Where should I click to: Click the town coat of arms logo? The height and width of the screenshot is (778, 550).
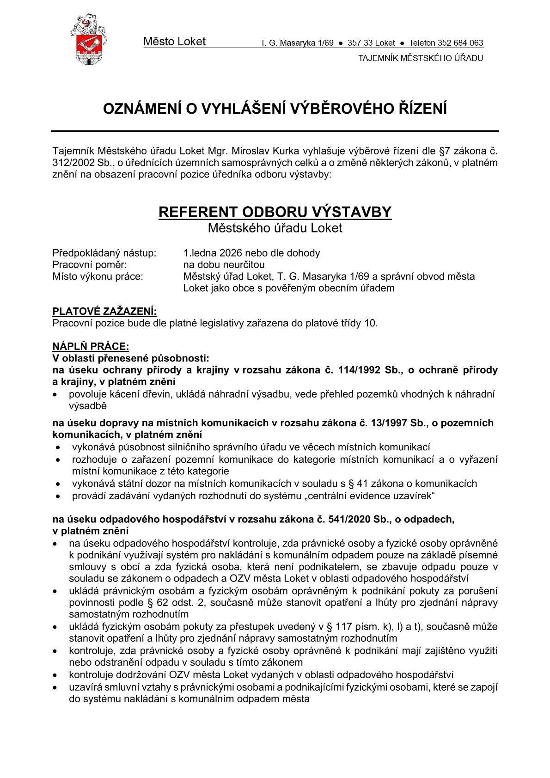(x=88, y=39)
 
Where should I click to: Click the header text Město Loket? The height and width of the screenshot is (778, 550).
(x=174, y=42)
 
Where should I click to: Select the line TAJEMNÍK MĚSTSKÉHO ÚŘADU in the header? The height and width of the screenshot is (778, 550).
(x=421, y=58)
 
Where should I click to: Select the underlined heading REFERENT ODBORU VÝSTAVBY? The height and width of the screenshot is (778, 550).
(x=275, y=212)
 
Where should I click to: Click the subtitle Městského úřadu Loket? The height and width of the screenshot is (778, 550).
(x=275, y=228)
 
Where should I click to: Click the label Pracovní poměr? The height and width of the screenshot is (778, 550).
(x=90, y=265)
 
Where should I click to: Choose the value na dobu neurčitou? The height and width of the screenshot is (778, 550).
(x=224, y=265)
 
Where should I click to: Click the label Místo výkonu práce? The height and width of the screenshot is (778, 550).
(x=98, y=276)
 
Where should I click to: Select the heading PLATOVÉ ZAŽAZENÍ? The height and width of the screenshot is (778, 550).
(x=104, y=311)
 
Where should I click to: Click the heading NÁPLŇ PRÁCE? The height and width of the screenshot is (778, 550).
(x=91, y=346)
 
